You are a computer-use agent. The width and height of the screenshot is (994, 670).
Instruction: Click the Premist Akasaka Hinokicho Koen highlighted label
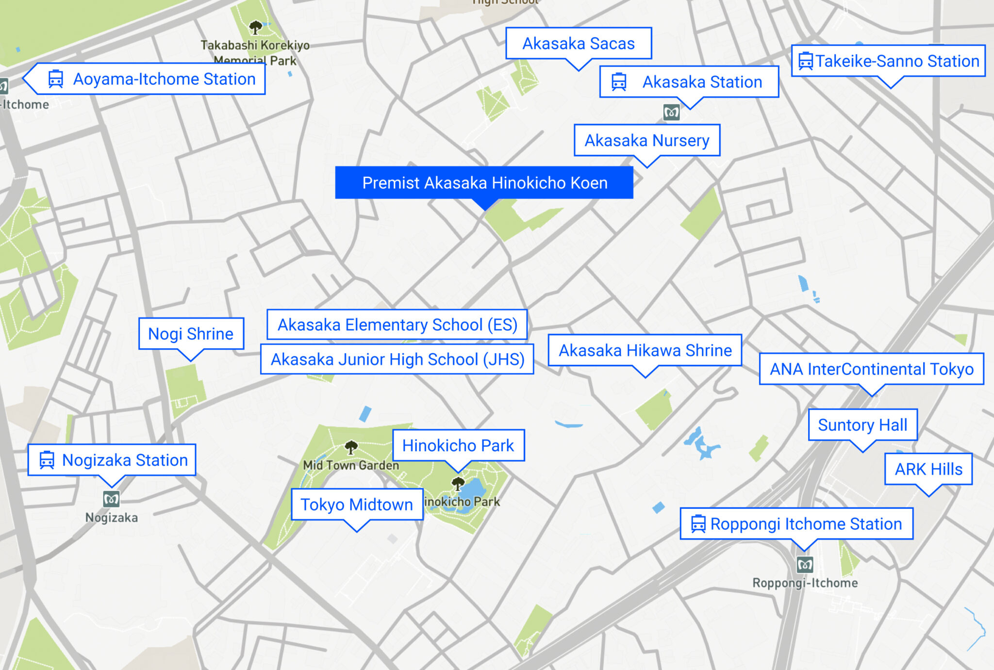click(484, 183)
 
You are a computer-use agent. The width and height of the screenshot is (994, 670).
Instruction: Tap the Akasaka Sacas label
click(578, 44)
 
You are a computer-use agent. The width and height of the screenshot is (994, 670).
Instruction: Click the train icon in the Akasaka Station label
click(619, 82)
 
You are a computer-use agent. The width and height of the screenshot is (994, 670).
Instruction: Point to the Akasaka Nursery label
click(646, 141)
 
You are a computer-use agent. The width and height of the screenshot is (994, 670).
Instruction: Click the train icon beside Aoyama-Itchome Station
click(56, 79)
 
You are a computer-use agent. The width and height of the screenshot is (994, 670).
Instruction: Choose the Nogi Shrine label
click(191, 334)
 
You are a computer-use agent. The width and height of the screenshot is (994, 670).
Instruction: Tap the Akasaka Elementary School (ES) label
click(397, 325)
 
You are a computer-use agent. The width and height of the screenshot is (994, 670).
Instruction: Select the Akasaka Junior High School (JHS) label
click(397, 360)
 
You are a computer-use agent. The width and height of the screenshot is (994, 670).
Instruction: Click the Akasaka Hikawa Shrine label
click(645, 350)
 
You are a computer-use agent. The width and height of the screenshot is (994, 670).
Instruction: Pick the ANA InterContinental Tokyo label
click(871, 369)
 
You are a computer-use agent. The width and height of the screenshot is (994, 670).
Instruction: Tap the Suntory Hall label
click(862, 425)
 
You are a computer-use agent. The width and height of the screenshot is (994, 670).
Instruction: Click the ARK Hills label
click(928, 469)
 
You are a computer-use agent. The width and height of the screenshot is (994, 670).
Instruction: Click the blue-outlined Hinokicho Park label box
click(458, 445)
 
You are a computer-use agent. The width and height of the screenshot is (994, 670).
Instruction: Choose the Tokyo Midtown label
click(357, 505)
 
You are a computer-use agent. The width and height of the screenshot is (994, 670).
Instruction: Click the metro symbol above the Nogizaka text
click(111, 498)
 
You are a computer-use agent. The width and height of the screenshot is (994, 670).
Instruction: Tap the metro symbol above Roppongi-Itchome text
click(805, 564)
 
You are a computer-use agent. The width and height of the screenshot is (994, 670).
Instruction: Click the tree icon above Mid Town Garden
click(351, 447)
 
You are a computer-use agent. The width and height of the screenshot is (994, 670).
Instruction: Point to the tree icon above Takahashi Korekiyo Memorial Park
click(255, 27)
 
